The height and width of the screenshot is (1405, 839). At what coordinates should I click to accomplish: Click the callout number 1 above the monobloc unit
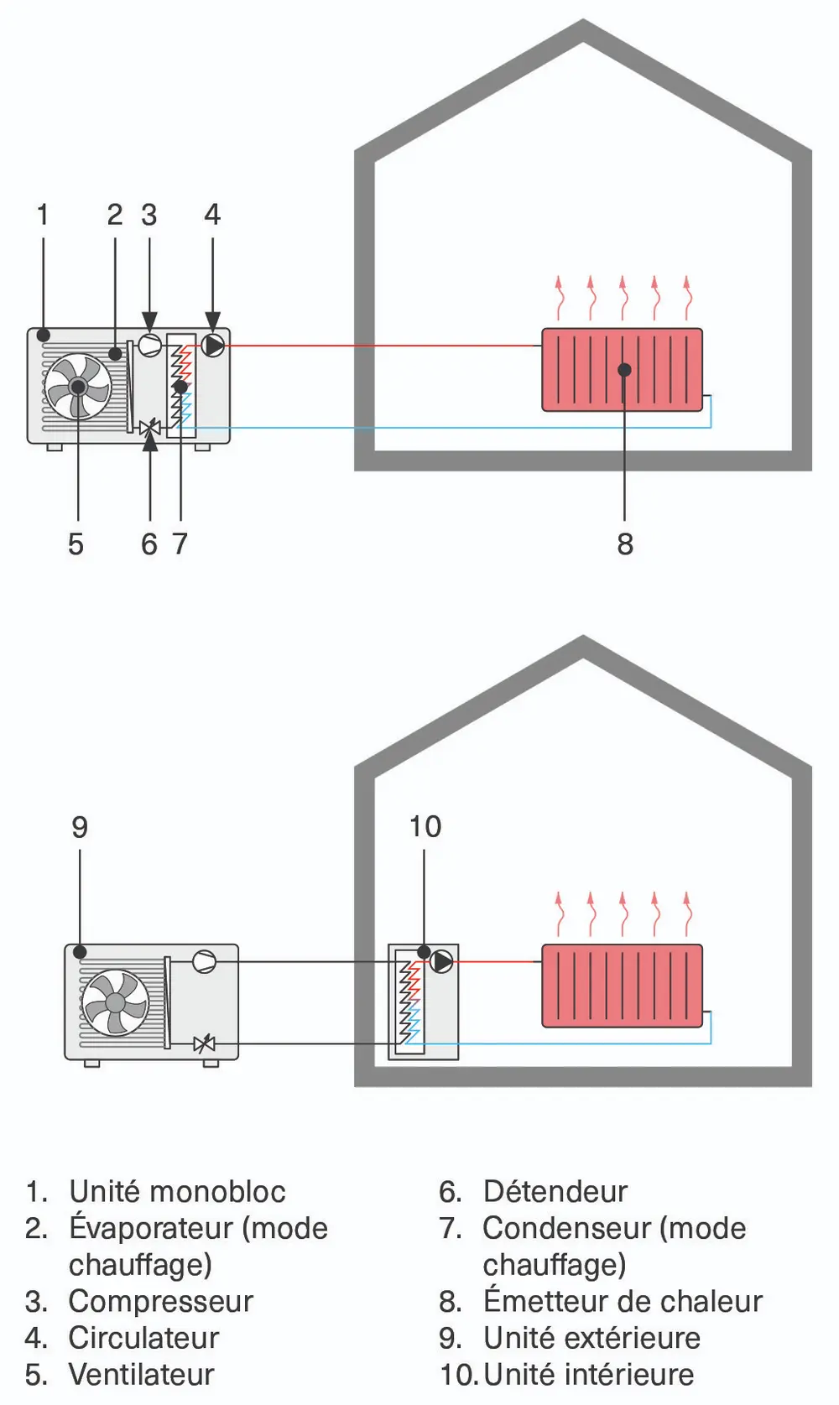pos(43,215)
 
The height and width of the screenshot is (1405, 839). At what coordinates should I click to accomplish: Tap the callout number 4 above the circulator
pos(212,215)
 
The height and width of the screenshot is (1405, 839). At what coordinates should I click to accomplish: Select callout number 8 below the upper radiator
pos(625,544)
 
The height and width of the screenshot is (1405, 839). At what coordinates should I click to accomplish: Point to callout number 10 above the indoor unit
pos(425,827)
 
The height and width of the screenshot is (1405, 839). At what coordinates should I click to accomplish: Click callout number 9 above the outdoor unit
pos(80,828)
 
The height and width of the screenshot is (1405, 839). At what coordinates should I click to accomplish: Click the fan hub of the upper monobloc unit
pos(78,387)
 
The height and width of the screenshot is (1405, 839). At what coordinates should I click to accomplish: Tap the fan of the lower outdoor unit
pos(115,1002)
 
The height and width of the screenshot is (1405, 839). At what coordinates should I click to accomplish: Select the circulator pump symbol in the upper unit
pos(213,345)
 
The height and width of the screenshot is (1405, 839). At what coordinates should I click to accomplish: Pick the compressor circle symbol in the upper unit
pos(149,345)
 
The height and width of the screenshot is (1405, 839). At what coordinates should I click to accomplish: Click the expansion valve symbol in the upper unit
pos(150,428)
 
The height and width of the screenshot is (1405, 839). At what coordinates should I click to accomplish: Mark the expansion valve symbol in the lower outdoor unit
pos(204,1044)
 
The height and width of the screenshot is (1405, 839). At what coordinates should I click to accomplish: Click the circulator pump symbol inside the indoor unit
pos(441,962)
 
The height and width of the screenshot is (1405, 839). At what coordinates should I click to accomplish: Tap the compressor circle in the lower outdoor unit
pos(204,962)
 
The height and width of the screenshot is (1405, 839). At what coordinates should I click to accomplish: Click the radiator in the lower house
pos(622,986)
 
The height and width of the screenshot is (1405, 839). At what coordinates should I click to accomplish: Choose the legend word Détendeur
pos(555,1191)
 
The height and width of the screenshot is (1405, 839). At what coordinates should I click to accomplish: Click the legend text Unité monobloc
pos(177,1191)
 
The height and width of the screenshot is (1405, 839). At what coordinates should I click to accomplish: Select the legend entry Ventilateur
pos(141,1374)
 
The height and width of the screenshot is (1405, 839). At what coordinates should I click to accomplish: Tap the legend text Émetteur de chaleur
pos(622,1301)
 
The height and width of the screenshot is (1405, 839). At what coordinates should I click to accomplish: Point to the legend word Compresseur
pos(160,1301)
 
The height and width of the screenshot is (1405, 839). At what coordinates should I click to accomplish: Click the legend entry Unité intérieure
pos(588,1374)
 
